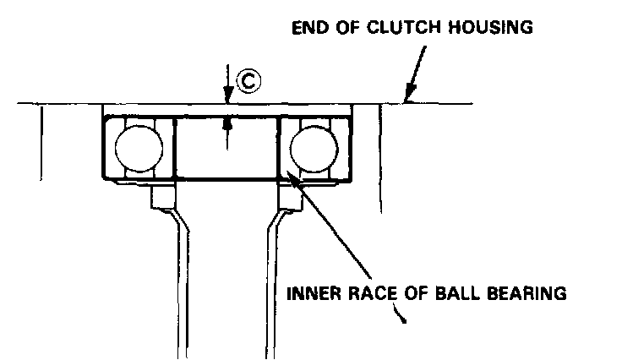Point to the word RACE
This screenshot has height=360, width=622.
[369, 294]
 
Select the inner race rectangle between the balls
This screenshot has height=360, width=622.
[226, 148]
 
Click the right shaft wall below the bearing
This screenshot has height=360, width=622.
[272, 279]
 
